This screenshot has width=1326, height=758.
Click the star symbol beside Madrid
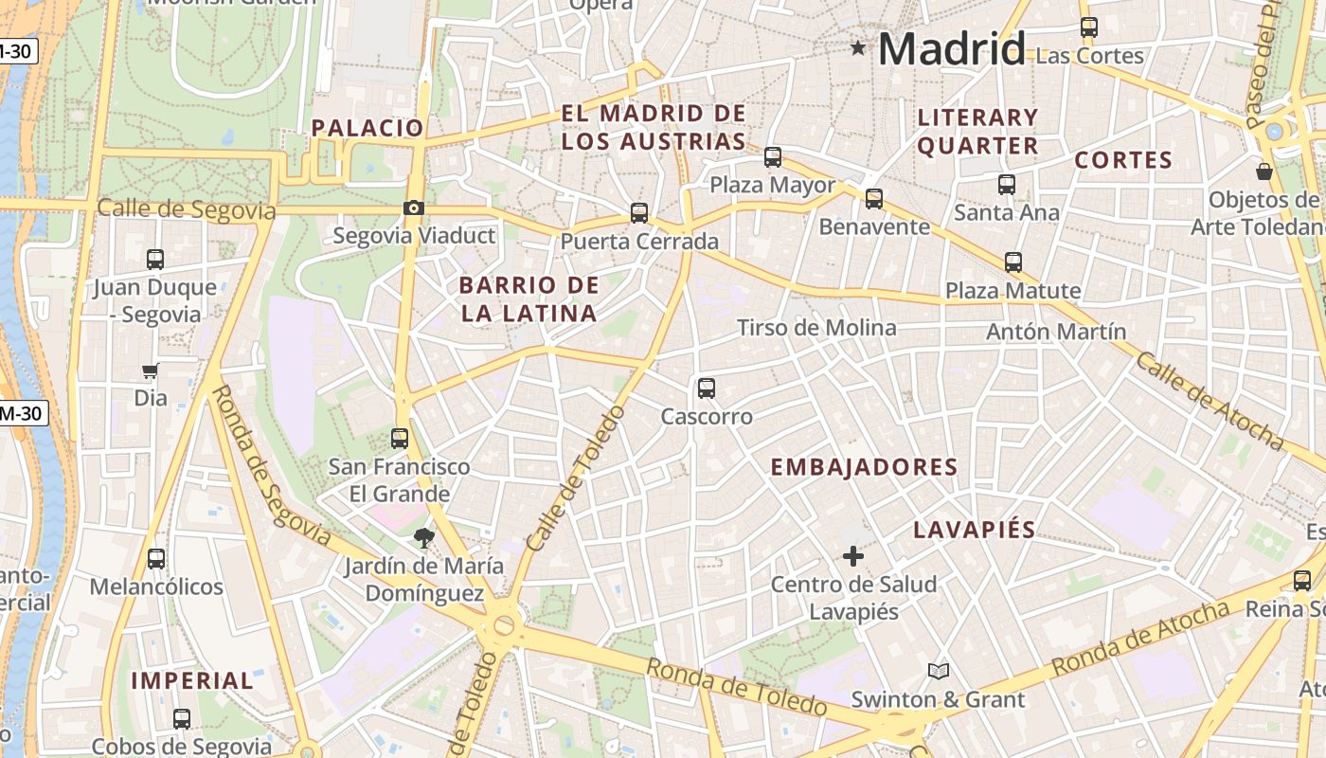coord(858,47)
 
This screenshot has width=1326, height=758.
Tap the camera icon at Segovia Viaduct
coord(414,208)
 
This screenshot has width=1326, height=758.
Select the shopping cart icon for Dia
coord(150,370)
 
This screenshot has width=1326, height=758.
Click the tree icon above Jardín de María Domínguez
coord(423,538)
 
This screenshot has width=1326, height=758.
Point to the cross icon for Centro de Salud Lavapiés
coord(853,556)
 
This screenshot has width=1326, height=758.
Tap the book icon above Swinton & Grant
coord(938,672)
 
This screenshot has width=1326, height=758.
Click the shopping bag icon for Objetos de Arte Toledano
coord(1263,171)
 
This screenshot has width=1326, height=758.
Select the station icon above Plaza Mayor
coord(773,157)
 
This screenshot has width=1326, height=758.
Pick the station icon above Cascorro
coord(707,388)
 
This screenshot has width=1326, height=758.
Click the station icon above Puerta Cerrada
coord(639,213)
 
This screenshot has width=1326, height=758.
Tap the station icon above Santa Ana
coord(1006,185)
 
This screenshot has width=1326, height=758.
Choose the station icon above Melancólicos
coord(156,559)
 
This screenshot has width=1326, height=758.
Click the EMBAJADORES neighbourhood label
coord(864,467)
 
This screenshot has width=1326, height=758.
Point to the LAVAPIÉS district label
coord(974,530)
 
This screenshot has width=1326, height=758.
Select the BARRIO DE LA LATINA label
coord(529,299)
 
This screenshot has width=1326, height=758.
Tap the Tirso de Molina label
coord(816,328)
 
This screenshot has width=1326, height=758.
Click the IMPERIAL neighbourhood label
coord(192,680)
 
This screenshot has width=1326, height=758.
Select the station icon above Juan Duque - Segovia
coord(155,259)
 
